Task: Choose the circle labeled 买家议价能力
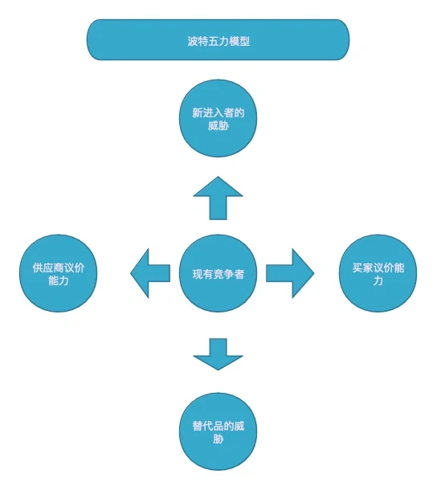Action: tap(378, 274)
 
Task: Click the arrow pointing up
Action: tap(218, 198)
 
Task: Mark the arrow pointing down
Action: tap(218, 353)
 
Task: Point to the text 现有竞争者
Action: tap(218, 274)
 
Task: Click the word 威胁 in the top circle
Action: tap(218, 128)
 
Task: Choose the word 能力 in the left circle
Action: tap(59, 281)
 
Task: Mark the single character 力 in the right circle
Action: tap(378, 281)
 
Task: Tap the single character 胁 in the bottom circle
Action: tap(218, 439)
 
